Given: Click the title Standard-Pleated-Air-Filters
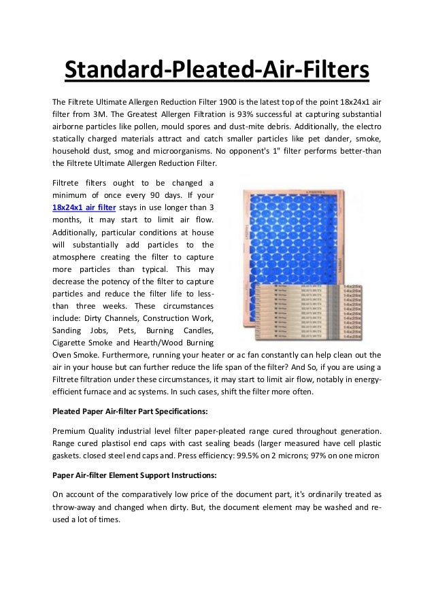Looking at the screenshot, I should [x=216, y=69].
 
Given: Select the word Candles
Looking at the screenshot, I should [x=197, y=330].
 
